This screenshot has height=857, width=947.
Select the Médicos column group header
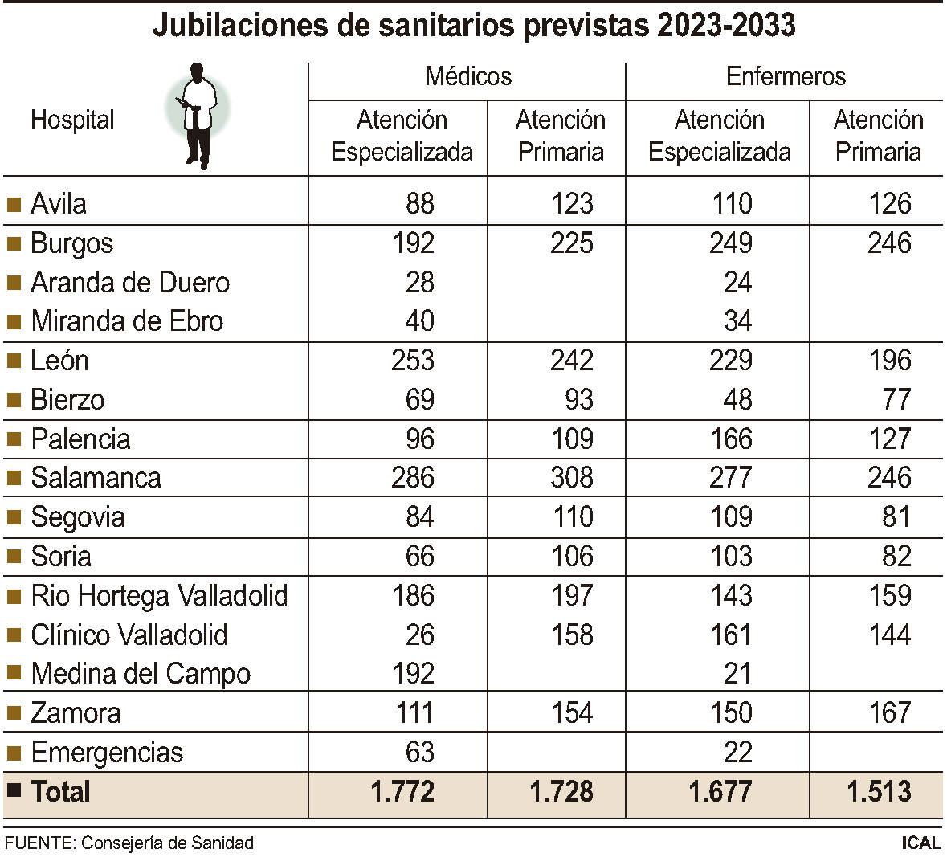click(x=467, y=76)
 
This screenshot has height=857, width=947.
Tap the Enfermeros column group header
click(x=785, y=76)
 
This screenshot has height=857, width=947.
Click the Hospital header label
click(x=72, y=120)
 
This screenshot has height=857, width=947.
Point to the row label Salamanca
click(x=96, y=478)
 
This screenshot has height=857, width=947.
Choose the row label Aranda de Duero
click(x=130, y=283)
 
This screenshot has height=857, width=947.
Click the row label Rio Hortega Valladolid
click(x=159, y=596)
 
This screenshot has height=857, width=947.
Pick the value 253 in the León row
click(x=413, y=361)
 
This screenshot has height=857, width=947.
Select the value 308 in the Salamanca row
click(x=572, y=478)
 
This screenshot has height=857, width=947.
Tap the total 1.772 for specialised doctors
click(x=402, y=792)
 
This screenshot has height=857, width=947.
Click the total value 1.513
click(x=879, y=792)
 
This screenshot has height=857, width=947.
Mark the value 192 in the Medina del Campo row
click(x=413, y=674)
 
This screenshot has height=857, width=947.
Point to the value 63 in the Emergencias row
click(x=419, y=753)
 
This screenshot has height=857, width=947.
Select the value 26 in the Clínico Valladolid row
click(x=419, y=635)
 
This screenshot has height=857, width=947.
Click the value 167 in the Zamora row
click(x=889, y=713)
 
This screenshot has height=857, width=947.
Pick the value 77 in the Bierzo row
click(x=896, y=400)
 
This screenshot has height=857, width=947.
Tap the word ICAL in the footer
click(x=920, y=843)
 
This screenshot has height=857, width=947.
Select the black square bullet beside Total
click(x=13, y=790)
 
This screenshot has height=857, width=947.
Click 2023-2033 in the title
click(x=726, y=26)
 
